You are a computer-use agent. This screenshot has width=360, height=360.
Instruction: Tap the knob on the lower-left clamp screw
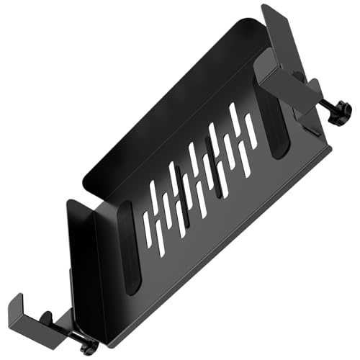[89, 347]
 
